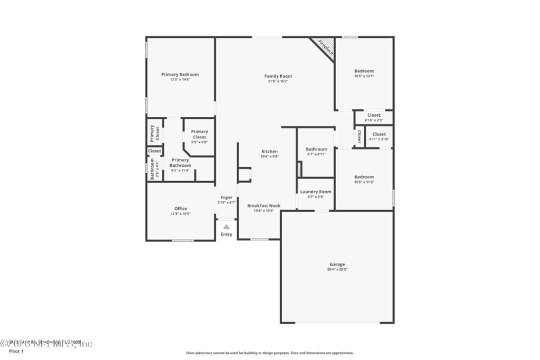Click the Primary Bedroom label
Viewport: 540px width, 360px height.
click(x=180, y=74)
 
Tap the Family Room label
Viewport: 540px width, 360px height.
click(x=277, y=76)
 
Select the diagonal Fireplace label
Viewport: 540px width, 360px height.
click(x=326, y=47)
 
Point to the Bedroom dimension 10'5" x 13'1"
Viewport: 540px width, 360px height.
click(x=364, y=76)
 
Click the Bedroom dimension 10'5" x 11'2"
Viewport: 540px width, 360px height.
click(x=364, y=182)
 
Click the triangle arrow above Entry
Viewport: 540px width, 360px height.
click(x=226, y=226)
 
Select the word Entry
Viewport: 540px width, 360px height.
click(x=226, y=234)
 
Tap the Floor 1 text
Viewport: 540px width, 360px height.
click(x=16, y=351)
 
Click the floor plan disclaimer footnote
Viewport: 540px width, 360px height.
click(x=269, y=353)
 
